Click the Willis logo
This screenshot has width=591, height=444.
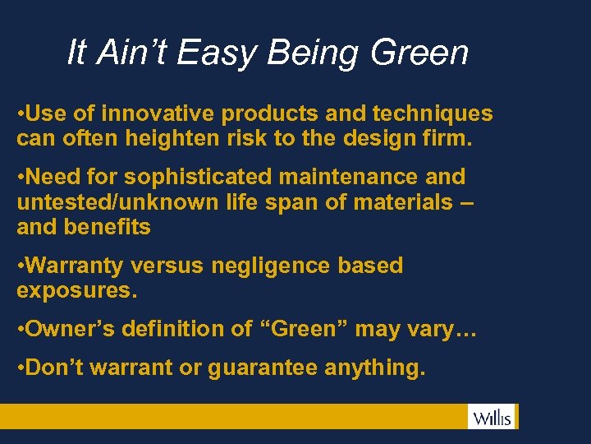coord(492,417)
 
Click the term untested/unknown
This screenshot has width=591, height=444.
coord(117,202)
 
